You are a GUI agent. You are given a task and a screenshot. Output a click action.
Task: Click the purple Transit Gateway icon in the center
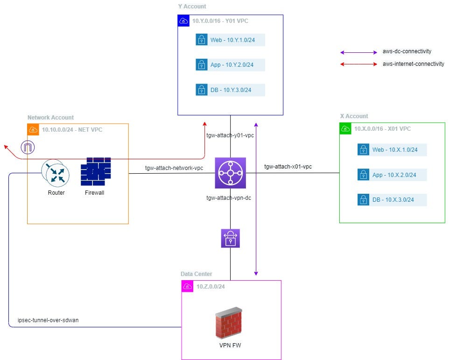click(x=230, y=173)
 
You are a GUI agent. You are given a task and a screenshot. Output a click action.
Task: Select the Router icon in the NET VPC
click(x=56, y=173)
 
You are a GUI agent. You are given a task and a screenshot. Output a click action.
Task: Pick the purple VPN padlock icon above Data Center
click(x=230, y=238)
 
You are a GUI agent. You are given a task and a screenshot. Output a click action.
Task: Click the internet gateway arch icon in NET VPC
click(x=28, y=148)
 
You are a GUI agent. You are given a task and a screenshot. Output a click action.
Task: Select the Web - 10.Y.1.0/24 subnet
click(x=230, y=40)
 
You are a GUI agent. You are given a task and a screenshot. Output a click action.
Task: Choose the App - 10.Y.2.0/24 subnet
click(x=230, y=64)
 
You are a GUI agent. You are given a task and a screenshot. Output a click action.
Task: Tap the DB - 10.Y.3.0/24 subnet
click(x=230, y=90)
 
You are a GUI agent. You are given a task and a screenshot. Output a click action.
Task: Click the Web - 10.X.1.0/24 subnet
click(x=392, y=149)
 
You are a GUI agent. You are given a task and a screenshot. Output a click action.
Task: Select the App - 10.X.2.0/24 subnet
click(x=392, y=175)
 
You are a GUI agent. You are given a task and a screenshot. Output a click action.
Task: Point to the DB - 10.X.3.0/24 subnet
click(x=392, y=200)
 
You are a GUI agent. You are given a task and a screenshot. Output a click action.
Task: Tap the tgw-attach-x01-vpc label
click(x=288, y=166)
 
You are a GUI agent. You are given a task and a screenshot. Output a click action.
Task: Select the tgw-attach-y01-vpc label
click(x=230, y=135)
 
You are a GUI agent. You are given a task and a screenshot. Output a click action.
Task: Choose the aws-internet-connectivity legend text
click(x=413, y=64)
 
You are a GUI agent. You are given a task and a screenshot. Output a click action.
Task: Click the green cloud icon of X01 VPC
click(x=345, y=128)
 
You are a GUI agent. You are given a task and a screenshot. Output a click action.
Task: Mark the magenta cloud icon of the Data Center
click(x=187, y=286)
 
